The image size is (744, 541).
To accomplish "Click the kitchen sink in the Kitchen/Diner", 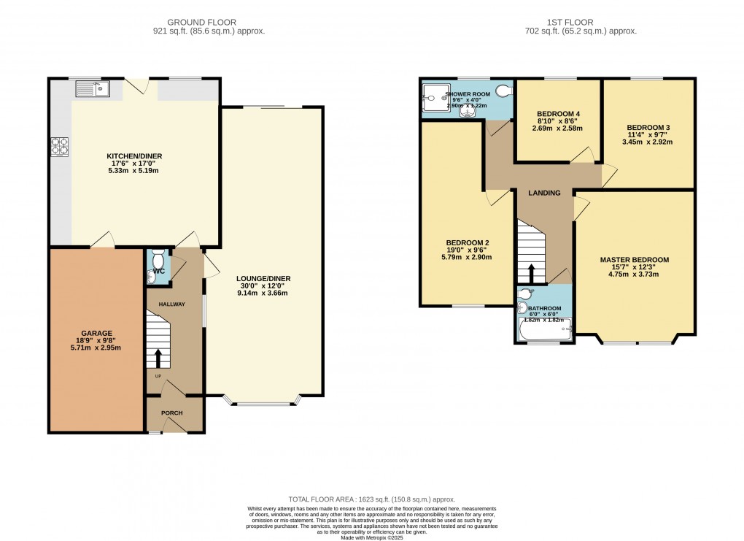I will [92, 90].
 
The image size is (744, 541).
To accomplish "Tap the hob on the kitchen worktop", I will [59, 147].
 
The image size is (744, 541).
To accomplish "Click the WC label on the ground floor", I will [159, 272].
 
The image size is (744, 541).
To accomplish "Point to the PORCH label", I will [171, 413].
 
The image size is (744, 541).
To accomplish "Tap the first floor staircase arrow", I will [531, 274].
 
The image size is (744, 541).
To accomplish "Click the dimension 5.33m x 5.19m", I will [134, 171].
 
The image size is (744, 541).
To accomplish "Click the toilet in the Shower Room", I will [502, 91].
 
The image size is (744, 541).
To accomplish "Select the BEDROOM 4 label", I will [558, 114].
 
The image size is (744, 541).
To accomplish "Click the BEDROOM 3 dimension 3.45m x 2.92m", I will [647, 142].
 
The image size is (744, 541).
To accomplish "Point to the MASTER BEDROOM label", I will [634, 260].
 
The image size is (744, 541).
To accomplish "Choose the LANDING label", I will [545, 193].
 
